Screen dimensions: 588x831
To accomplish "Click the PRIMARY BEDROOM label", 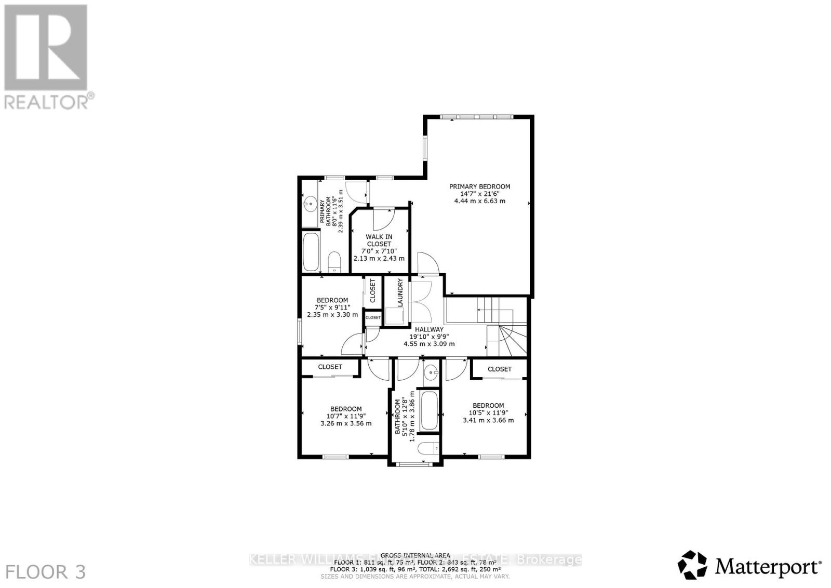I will (x=479, y=186).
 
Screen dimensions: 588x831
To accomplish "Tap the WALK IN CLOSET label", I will (x=379, y=240).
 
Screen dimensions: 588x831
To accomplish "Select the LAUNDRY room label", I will (x=400, y=292).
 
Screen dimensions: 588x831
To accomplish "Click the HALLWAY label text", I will (x=429, y=329).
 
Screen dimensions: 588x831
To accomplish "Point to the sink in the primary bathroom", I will (x=311, y=204).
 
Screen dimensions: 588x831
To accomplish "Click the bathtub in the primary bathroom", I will (x=311, y=252).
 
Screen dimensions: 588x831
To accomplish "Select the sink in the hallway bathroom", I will (x=431, y=372).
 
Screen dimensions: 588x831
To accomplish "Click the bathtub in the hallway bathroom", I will (x=429, y=410).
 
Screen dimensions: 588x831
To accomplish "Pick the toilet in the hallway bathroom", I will (x=429, y=448).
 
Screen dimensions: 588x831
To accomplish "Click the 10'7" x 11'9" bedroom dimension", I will (x=346, y=416).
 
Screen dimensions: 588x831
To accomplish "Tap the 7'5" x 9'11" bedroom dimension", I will (x=332, y=308).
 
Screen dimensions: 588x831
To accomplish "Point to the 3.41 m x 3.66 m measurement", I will (x=488, y=420).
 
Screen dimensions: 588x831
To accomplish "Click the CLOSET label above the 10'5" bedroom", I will (x=500, y=369).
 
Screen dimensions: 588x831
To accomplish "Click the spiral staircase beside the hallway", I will (x=506, y=340).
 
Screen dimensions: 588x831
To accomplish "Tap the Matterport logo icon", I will (x=692, y=565).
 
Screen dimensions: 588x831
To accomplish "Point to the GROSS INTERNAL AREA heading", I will (x=415, y=555).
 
